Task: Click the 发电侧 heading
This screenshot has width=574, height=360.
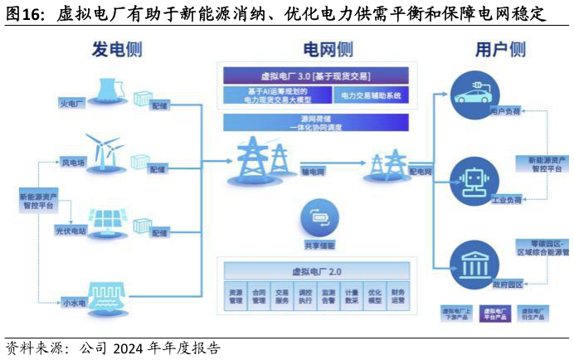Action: tap(117, 49)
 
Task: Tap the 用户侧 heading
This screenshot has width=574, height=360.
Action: tap(500, 49)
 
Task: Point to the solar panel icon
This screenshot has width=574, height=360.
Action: tap(108, 219)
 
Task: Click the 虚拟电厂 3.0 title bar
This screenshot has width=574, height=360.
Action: tap(315, 75)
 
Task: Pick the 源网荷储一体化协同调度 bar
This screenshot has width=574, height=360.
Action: tap(315, 123)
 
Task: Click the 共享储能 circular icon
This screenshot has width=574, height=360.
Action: tap(319, 218)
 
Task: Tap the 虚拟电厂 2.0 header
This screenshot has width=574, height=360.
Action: tap(316, 271)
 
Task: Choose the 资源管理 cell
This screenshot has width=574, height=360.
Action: tap(236, 296)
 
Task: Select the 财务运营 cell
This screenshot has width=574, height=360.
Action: tap(398, 296)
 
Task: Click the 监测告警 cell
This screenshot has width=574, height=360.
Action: tap(328, 296)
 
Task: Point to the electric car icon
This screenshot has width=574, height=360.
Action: tap(474, 90)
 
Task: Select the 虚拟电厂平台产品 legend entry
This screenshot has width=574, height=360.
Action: tap(494, 314)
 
